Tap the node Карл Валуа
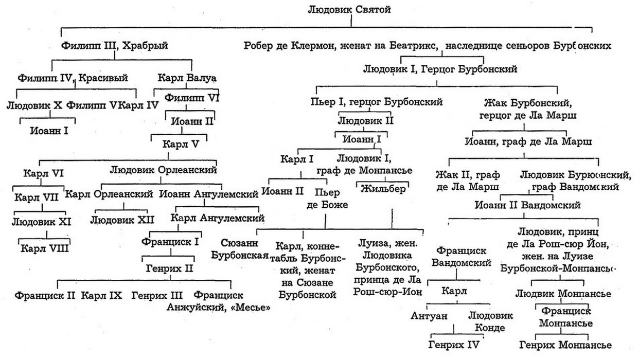pyautogui.click(x=186, y=78)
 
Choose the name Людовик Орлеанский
pyautogui.click(x=163, y=169)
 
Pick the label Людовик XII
pyautogui.click(x=119, y=221)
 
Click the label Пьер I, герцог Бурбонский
pyautogui.click(x=377, y=102)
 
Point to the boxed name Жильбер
pyautogui.click(x=382, y=188)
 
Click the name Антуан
pyautogui.click(x=428, y=315)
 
